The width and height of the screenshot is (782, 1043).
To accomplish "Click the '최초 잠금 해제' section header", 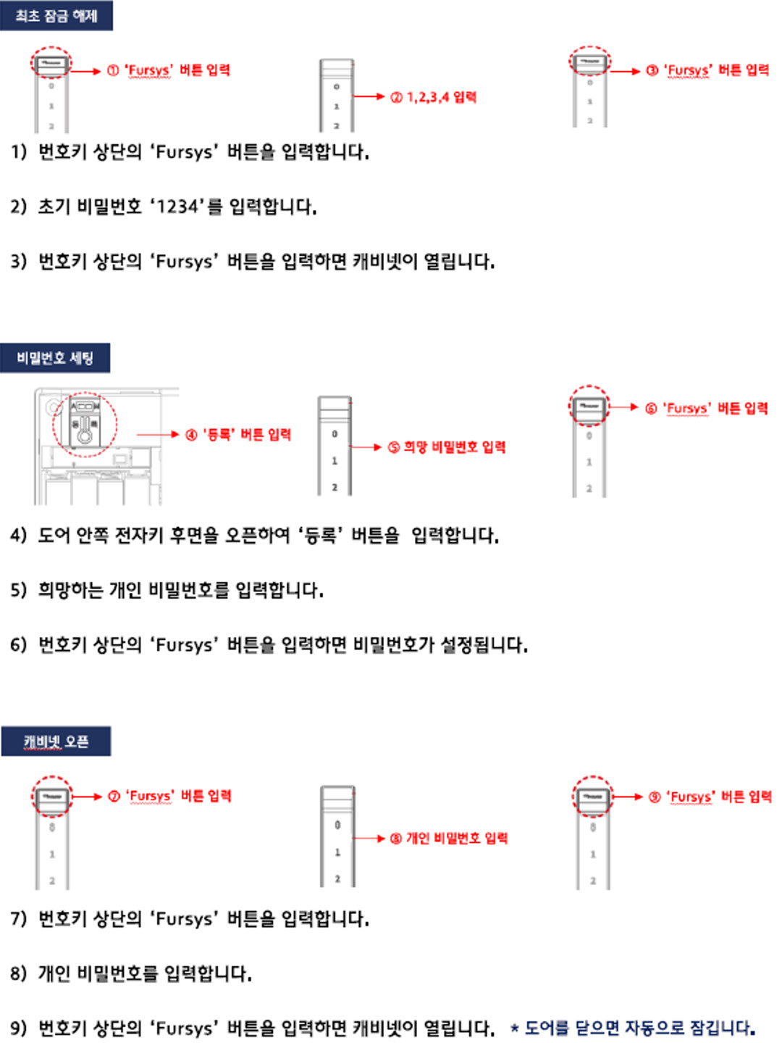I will (x=56, y=15).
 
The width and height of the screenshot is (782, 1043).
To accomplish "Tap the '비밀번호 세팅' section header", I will (x=55, y=357).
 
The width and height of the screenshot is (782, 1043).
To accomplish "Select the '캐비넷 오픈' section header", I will (x=56, y=741).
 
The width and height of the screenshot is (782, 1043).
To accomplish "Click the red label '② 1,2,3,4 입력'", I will (x=433, y=97).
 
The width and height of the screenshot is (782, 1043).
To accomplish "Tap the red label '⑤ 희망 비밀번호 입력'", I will (x=446, y=447).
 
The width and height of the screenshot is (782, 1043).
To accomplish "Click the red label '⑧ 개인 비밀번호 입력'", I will (x=448, y=839).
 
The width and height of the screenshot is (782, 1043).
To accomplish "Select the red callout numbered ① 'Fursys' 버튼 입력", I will (x=168, y=70).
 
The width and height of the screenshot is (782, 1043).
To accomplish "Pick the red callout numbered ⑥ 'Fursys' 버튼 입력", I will (x=706, y=408).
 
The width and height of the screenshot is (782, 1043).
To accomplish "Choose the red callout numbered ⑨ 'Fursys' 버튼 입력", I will (x=710, y=797).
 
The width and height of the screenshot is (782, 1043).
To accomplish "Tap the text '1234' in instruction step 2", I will (x=177, y=207).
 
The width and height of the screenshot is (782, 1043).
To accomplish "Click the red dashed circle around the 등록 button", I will (x=85, y=425).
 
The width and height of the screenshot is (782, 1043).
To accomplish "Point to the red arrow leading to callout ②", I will (x=369, y=96).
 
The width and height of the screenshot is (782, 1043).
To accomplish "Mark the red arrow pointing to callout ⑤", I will (x=367, y=447).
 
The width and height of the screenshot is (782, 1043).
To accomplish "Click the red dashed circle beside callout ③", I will (x=589, y=62).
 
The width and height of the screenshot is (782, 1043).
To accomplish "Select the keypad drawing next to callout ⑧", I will (x=337, y=836).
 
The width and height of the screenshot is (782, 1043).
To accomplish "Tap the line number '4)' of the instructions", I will (x=18, y=535).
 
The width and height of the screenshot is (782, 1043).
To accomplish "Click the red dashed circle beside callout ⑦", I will (x=52, y=797).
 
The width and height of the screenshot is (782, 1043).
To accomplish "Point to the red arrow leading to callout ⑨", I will (x=628, y=797).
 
